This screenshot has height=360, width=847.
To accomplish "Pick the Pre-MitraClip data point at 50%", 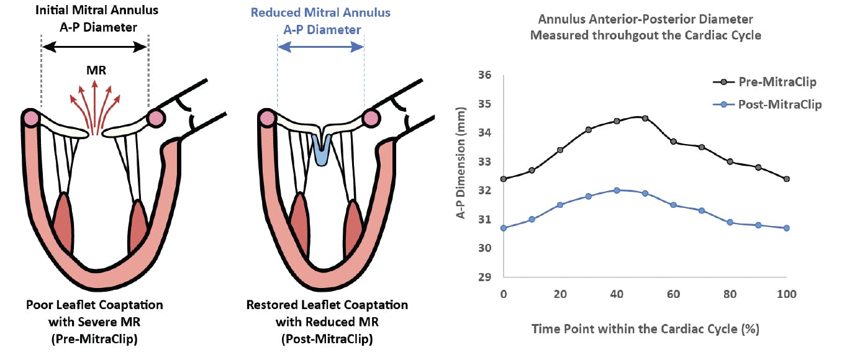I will (x=645, y=118).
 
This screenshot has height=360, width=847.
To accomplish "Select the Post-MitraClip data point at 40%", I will (x=617, y=191).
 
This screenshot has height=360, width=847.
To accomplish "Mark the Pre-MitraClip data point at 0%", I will (x=503, y=179).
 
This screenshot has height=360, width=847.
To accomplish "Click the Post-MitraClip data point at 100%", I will (x=787, y=228).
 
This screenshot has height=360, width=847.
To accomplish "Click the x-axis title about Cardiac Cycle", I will (x=645, y=329).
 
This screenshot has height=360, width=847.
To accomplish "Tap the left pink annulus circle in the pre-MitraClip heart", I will (x=30, y=117).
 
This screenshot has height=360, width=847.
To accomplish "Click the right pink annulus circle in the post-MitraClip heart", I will (x=371, y=117).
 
